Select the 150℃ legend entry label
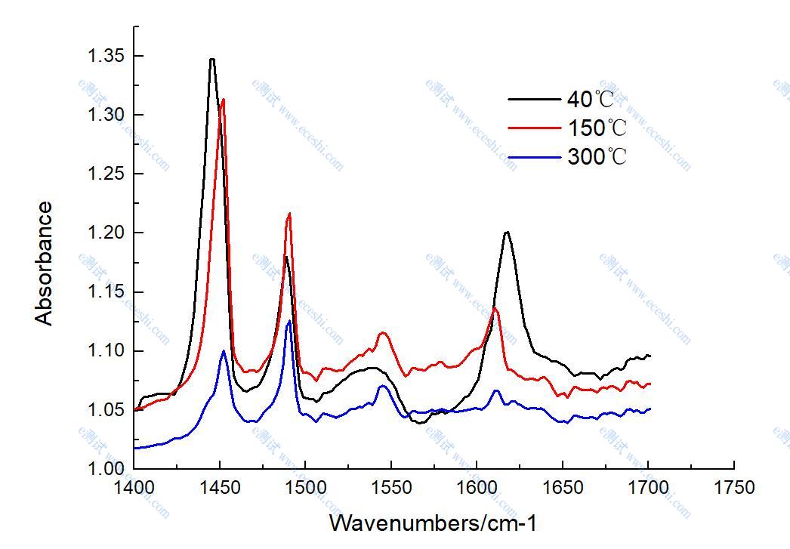click(597, 128)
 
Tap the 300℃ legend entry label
click(597, 157)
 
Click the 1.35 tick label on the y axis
click(106, 56)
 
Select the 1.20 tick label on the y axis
click(106, 233)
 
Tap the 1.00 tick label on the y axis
click(106, 469)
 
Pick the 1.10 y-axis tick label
click(106, 351)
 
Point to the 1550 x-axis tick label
click(391, 488)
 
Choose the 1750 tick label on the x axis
click(734, 488)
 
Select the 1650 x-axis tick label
click(563, 488)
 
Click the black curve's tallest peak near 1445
click(212, 59)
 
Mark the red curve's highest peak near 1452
click(223, 99)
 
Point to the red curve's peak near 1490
click(289, 214)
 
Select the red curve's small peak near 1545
click(383, 332)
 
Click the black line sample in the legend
click(534, 99)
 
